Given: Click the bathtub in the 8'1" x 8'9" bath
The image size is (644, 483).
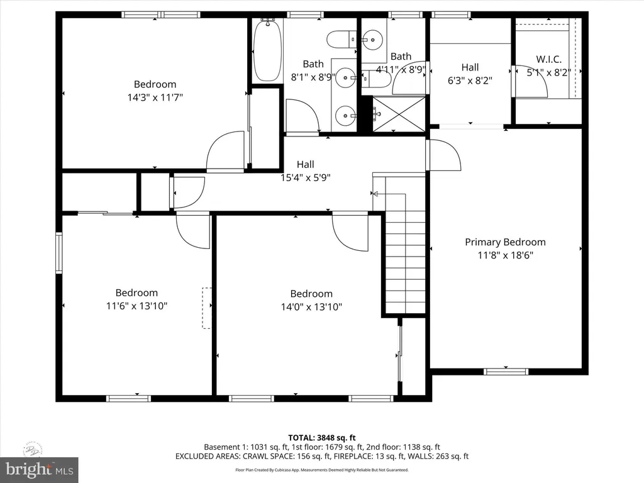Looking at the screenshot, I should [267, 50].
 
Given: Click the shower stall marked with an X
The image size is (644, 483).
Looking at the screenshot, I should [399, 114].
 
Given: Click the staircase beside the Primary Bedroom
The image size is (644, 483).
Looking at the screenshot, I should [406, 245].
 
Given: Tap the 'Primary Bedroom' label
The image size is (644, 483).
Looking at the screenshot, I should [505, 242].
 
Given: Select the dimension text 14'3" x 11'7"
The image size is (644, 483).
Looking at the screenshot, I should [155, 97].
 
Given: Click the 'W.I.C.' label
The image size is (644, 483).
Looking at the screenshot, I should [548, 60].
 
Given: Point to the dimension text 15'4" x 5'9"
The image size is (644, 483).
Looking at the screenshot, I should [305, 177].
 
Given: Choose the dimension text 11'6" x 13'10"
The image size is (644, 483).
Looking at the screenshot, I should [136, 306].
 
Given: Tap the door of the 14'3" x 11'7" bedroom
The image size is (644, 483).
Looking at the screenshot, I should [225, 151].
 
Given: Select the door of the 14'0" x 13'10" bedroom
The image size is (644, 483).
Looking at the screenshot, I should [350, 231].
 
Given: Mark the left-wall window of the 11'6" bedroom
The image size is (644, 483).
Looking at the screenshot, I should [59, 253].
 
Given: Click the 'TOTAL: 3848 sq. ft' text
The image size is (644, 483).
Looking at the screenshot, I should [321, 438].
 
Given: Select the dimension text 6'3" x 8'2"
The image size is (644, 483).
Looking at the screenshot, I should [470, 80].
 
